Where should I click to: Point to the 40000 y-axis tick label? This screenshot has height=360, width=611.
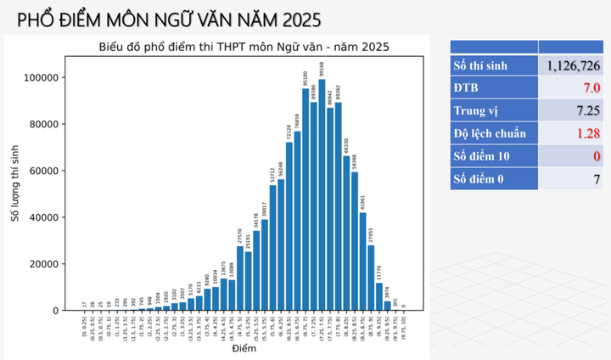[x=43, y=217]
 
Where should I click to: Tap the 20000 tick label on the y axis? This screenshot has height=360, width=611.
[x=43, y=264]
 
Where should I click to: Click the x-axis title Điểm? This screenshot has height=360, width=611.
[x=243, y=349]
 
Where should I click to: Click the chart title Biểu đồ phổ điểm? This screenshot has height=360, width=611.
[x=244, y=47]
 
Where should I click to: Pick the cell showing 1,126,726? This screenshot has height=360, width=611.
[x=574, y=65]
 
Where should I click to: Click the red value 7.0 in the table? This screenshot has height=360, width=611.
[x=591, y=88]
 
